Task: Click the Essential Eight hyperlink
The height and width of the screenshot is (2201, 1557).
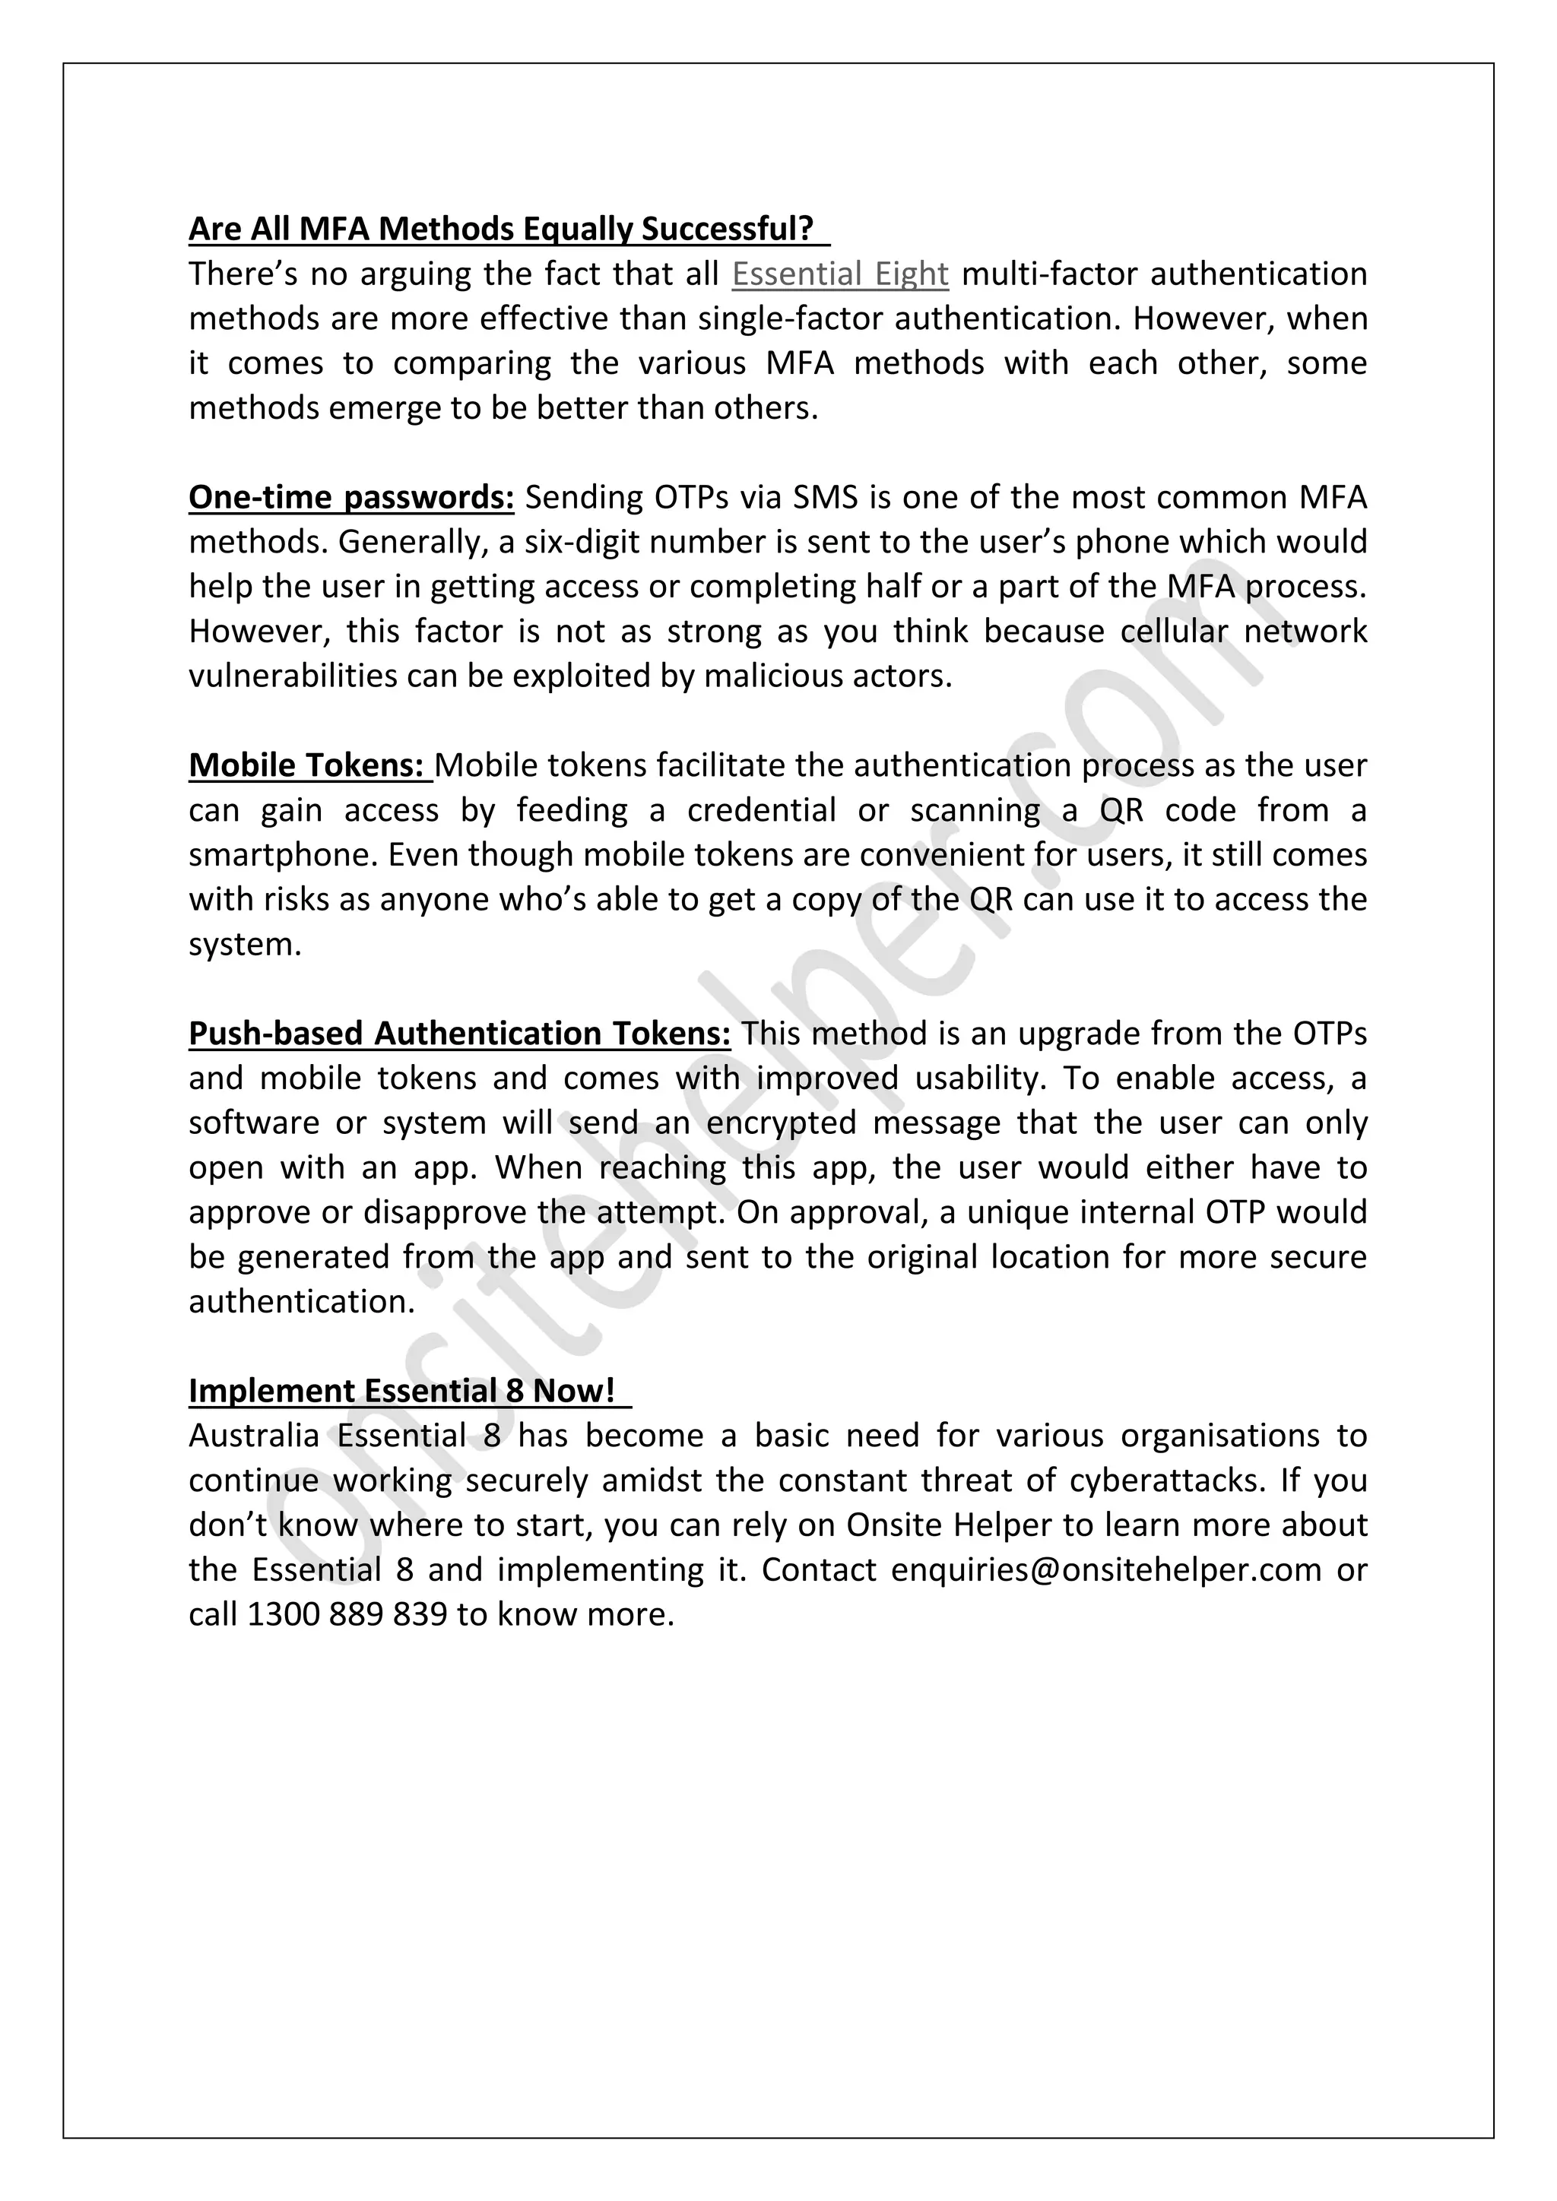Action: [x=840, y=274]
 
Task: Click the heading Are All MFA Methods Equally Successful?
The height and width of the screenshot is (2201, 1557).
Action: [x=500, y=229]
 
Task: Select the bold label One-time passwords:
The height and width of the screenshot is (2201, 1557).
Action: [x=351, y=498]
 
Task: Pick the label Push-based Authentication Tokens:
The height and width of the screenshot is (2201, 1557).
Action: [x=459, y=1034]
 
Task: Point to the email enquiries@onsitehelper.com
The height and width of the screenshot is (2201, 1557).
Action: [x=1105, y=1570]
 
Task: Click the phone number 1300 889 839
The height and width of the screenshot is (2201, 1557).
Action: [x=347, y=1615]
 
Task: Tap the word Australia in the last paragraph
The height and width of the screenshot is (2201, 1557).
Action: [x=254, y=1436]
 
